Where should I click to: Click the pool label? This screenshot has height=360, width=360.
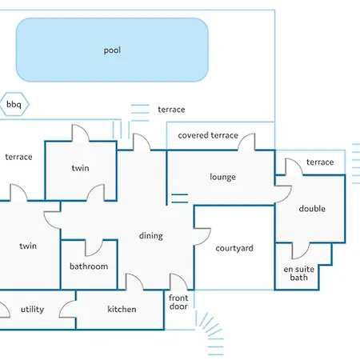coord(112,50)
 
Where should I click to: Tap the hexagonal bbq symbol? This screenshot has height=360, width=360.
coord(14,104)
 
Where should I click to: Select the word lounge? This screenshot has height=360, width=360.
coord(222,177)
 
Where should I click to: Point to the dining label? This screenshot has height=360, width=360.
coord(151,236)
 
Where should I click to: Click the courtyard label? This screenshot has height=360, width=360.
coord(234,248)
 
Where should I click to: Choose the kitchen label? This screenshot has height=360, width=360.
coord(122,309)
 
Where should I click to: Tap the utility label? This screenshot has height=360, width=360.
coord(33,310)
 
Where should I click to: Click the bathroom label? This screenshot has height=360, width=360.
coord(89,266)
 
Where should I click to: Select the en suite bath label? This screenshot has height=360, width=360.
coord(299,274)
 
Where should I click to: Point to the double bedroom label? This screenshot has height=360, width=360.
coord(312,209)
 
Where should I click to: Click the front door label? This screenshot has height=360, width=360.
coord(178,302)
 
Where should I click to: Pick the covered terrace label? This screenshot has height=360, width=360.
coord(208,135)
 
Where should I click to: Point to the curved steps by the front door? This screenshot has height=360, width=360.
coord(210,334)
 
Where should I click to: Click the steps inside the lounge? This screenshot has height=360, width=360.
coord(179,198)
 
